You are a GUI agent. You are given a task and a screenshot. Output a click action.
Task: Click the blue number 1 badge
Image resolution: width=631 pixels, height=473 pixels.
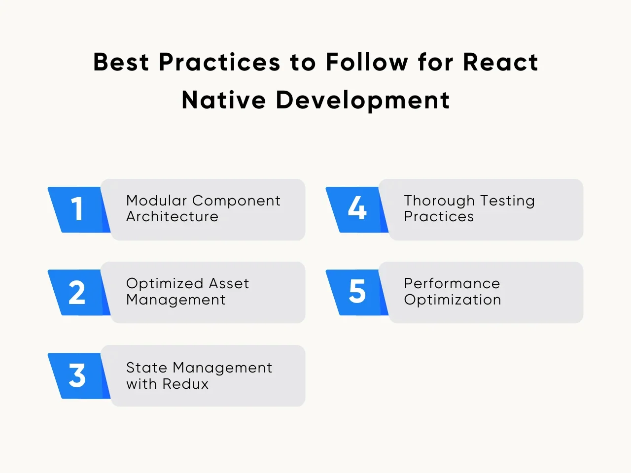pyautogui.click(x=77, y=209)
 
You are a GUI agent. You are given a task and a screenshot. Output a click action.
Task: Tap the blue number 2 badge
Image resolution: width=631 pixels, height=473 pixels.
pyautogui.click(x=77, y=293)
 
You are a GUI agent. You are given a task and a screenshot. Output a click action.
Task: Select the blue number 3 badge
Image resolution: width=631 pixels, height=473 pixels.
pyautogui.click(x=77, y=376)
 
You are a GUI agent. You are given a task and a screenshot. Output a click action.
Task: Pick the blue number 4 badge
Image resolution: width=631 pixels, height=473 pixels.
pyautogui.click(x=356, y=209)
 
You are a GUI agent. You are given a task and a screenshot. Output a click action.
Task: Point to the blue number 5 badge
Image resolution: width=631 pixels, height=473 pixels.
pyautogui.click(x=356, y=293)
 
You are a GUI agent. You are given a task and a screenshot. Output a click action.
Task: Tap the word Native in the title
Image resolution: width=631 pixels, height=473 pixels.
pyautogui.click(x=224, y=100)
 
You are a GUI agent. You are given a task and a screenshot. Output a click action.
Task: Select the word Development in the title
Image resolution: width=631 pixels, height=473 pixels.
pyautogui.click(x=363, y=101)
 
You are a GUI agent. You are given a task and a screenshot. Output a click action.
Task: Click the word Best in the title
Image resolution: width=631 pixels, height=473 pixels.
pyautogui.click(x=121, y=63)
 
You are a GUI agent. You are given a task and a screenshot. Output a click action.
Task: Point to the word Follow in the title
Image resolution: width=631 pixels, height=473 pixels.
pyautogui.click(x=367, y=63)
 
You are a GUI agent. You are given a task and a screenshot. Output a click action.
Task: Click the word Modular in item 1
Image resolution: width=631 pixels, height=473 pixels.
pyautogui.click(x=156, y=201)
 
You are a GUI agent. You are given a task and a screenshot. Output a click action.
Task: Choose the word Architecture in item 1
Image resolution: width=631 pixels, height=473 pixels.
pyautogui.click(x=172, y=217)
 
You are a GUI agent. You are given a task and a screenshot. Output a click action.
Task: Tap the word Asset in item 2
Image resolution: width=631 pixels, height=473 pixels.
pyautogui.click(x=229, y=284)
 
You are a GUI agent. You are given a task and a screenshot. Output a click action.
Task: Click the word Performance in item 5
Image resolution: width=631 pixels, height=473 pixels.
pyautogui.click(x=452, y=284)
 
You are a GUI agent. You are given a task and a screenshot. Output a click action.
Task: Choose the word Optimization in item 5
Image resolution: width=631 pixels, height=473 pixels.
pyautogui.click(x=452, y=300)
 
